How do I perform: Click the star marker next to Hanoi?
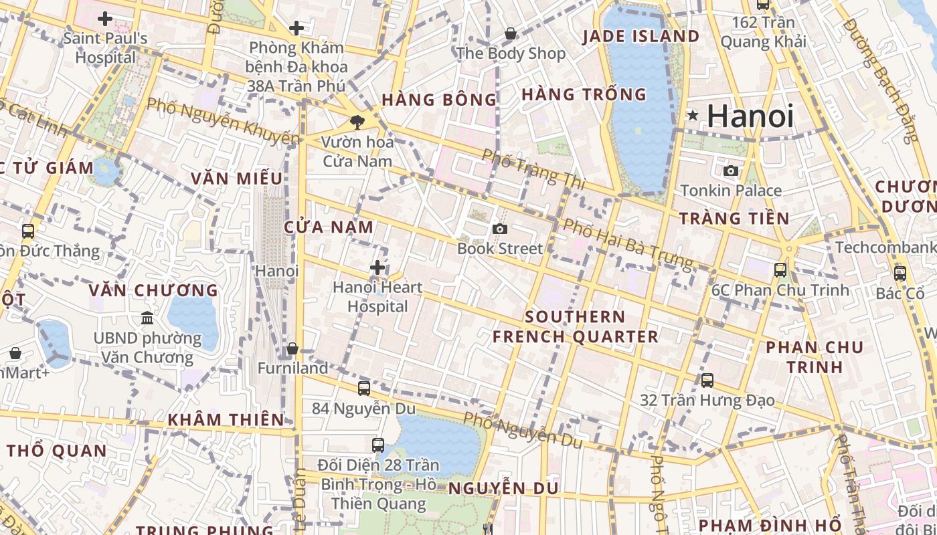click(693, 116)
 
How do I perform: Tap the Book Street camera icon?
click(499, 229)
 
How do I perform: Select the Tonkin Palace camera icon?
click(731, 171)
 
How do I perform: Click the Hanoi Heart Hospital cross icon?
click(377, 268)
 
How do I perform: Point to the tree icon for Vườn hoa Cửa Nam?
click(357, 122)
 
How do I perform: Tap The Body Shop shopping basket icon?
click(511, 33)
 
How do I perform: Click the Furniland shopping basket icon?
click(292, 349)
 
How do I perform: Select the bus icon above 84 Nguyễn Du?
click(364, 389)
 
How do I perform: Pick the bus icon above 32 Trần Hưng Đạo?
click(707, 381)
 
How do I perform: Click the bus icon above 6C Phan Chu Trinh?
click(780, 270)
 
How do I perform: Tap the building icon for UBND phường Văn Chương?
click(147, 318)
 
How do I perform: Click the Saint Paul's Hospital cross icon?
click(105, 19)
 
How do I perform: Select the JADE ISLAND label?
click(641, 36)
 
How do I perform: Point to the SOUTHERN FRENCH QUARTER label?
click(576, 326)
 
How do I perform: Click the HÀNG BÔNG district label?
click(439, 100)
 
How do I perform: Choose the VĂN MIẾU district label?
click(236, 179)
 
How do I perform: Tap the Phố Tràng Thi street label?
click(533, 168)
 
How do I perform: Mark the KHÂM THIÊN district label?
click(226, 420)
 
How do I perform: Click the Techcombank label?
click(885, 247)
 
